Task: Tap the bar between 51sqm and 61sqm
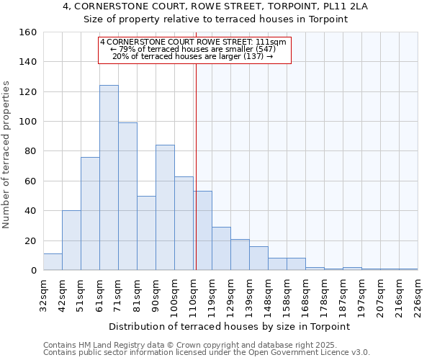coord(90,214)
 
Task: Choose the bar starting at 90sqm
coord(165,208)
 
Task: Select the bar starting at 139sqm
coord(258,258)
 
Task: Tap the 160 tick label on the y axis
coord(28,32)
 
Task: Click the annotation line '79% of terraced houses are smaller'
coord(194,49)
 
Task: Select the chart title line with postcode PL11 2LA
coord(215,6)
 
